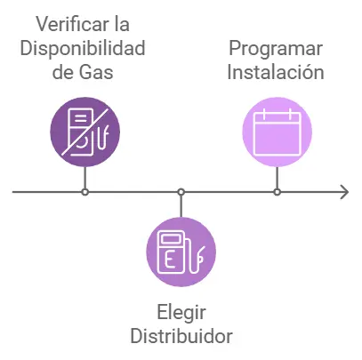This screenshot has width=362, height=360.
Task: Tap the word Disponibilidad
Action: pyautogui.click(x=85, y=47)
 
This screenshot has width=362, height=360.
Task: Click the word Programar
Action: pyautogui.click(x=277, y=47)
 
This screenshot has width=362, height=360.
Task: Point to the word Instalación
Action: pyautogui.click(x=277, y=71)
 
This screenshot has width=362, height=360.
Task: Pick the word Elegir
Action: pyautogui.click(x=181, y=313)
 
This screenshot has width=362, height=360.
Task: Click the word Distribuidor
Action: pyautogui.click(x=181, y=336)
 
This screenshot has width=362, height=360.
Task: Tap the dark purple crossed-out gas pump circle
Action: pyautogui.click(x=84, y=132)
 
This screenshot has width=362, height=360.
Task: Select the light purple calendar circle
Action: pyautogui.click(x=278, y=132)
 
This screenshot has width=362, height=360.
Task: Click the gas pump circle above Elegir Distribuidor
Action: pyautogui.click(x=181, y=252)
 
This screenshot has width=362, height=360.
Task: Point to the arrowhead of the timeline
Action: pyautogui.click(x=343, y=192)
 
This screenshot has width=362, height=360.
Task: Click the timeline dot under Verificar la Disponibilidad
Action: pyautogui.click(x=84, y=192)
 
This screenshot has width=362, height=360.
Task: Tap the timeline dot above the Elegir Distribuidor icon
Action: pyautogui.click(x=181, y=192)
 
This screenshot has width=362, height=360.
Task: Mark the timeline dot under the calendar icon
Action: pyautogui.click(x=278, y=192)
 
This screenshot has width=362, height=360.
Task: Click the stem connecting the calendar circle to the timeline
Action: pyautogui.click(x=278, y=177)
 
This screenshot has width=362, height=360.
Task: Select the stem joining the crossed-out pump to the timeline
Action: pyautogui.click(x=84, y=177)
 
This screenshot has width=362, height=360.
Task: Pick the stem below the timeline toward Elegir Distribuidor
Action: pyautogui.click(x=181, y=206)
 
